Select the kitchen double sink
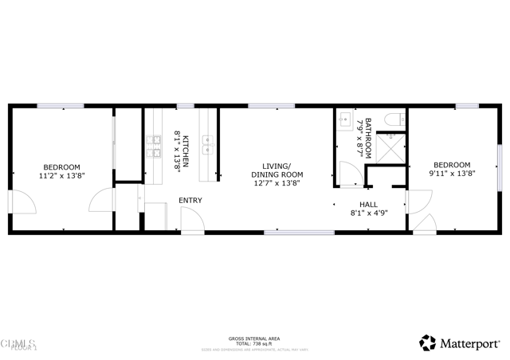[207, 144]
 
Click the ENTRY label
[190, 200]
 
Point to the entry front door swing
[191, 220]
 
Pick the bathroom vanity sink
[346, 120]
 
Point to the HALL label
[368, 205]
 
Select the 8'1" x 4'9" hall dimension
[368, 213]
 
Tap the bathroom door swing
[348, 174]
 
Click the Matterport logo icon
[428, 342]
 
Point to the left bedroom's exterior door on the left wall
[22, 203]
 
